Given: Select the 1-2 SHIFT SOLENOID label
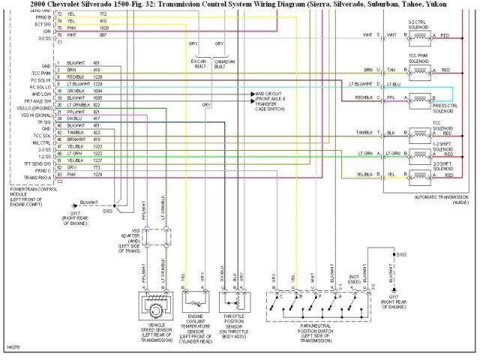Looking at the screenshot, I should pyautogui.click(x=442, y=143).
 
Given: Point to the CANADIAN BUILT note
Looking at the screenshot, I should pyautogui.click(x=224, y=64).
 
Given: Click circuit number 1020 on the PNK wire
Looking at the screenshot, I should pyautogui.click(x=103, y=28).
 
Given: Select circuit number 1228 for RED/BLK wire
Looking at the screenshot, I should pyautogui.click(x=97, y=76).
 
